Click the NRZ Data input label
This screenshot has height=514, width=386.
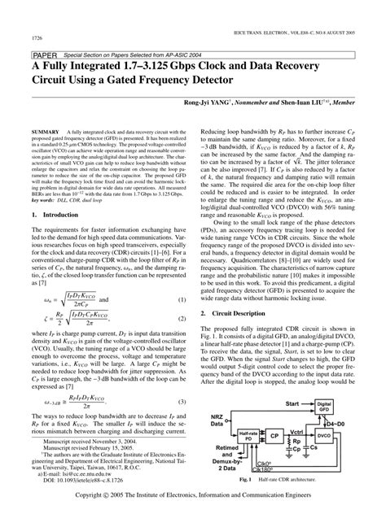217,420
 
